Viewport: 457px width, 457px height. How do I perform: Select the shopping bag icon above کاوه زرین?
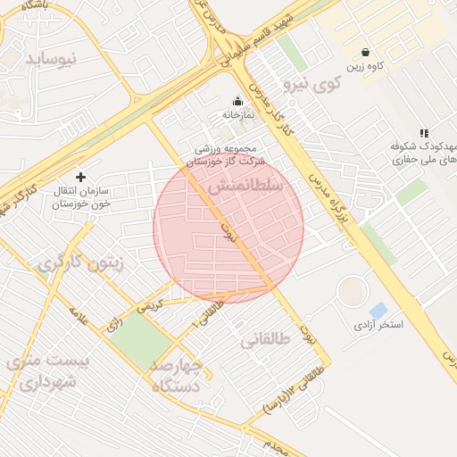click(x=366, y=52)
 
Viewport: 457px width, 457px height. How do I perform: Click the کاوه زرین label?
click(x=366, y=67)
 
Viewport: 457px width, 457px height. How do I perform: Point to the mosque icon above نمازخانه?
click(x=237, y=101)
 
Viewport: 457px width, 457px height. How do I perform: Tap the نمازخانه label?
click(x=238, y=115)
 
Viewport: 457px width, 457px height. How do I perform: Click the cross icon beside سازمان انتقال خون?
click(x=81, y=178)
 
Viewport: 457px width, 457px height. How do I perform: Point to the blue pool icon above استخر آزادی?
click(x=378, y=310)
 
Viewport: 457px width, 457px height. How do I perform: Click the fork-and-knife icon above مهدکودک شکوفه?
click(x=424, y=133)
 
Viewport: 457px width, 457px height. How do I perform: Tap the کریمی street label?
click(x=150, y=303)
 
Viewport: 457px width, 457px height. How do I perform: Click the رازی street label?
click(x=113, y=326)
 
